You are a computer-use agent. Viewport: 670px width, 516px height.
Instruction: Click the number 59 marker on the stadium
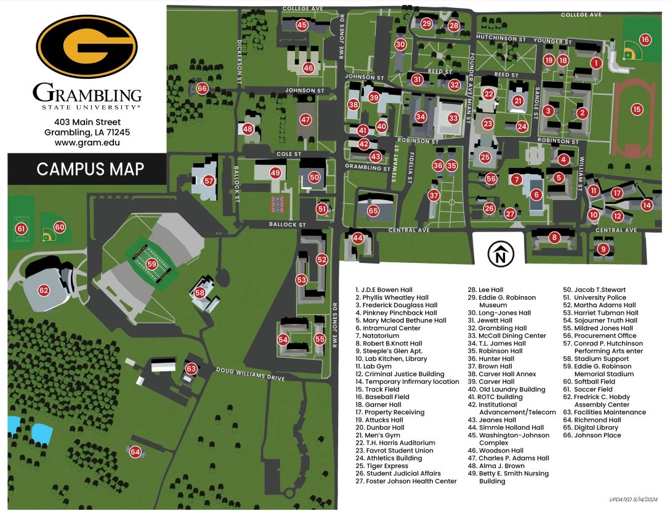[x=153, y=264]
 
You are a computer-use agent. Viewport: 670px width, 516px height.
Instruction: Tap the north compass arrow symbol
[x=501, y=252]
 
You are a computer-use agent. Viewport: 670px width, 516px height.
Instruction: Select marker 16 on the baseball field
[x=645, y=39]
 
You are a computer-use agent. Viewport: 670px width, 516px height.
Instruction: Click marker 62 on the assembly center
[x=44, y=290]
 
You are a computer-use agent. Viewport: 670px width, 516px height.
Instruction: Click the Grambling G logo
[x=86, y=47]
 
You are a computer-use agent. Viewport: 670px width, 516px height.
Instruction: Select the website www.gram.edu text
[x=86, y=142]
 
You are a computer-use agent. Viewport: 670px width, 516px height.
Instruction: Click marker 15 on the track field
[x=637, y=110]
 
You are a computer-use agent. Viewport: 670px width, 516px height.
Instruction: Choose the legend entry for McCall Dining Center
[x=512, y=336]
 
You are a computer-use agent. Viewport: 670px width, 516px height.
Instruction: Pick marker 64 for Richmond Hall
[x=135, y=452]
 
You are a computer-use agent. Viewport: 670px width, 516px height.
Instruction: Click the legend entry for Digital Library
[x=591, y=427]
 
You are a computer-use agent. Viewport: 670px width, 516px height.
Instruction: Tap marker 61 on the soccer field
[x=22, y=228]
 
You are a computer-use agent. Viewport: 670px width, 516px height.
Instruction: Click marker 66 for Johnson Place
[x=202, y=89]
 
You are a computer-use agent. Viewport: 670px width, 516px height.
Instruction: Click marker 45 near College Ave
[x=302, y=25]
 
